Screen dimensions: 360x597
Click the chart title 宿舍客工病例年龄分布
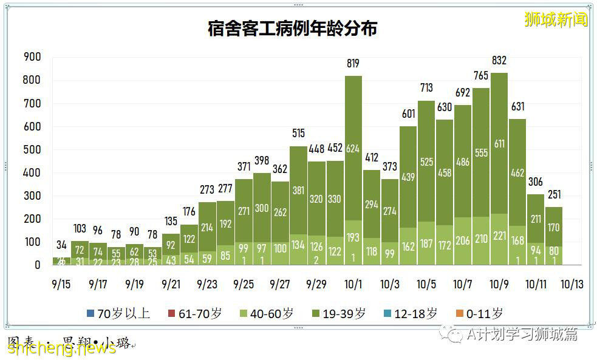tap(292, 28)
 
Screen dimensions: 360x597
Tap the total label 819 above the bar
tap(353, 63)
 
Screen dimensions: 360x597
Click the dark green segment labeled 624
tap(353, 148)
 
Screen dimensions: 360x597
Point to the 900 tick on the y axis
tap(32, 57)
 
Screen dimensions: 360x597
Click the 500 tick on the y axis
tap(32, 150)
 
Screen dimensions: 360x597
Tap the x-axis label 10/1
tap(353, 284)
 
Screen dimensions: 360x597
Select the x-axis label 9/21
tap(171, 284)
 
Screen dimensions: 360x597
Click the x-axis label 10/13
tap(571, 284)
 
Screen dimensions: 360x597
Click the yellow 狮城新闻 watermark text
tap(556, 19)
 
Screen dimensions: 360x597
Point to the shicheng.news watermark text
tap(61, 347)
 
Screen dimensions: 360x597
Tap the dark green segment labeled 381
tap(298, 189)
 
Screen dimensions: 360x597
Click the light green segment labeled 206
tap(462, 240)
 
